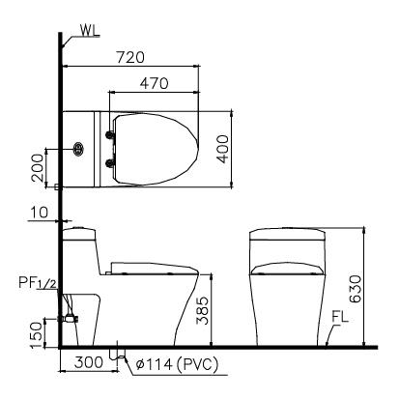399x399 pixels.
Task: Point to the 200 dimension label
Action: point(36,168)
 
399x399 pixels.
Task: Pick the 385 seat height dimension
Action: point(202,314)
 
